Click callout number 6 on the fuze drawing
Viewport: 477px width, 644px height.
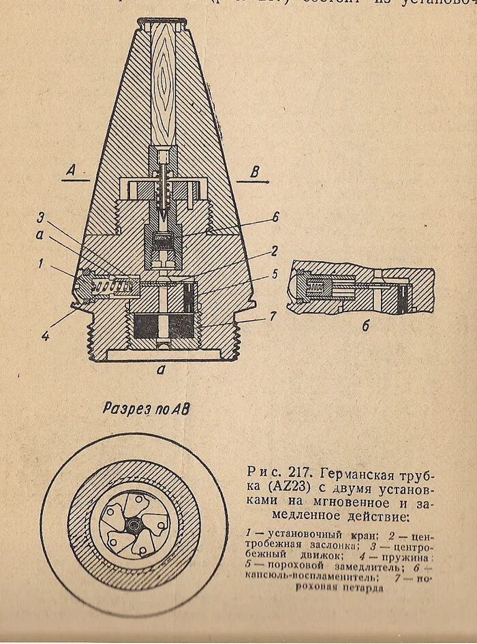[x=275, y=217]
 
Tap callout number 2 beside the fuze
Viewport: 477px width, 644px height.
[x=273, y=251]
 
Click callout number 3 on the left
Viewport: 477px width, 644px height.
[x=41, y=217]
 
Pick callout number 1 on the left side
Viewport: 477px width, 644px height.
[x=41, y=262]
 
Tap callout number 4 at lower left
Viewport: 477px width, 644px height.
[x=45, y=335]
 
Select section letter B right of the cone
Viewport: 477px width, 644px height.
[x=254, y=172]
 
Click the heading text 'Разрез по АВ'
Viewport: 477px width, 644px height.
[x=147, y=409]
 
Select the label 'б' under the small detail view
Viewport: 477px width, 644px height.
[x=365, y=326]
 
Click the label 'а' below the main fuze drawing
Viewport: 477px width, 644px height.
[x=160, y=370]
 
